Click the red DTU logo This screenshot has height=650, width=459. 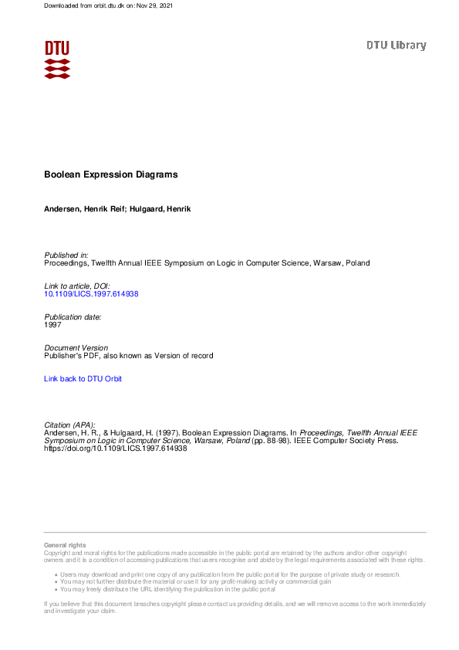coord(57,59)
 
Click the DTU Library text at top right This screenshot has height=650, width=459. coord(396,46)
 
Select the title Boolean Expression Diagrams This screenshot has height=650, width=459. coord(111,174)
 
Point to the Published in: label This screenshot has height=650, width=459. coord(66,255)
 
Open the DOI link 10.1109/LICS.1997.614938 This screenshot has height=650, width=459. coord(91,294)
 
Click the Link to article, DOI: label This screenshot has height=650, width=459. coord(77,286)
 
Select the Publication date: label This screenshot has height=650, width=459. coord(73,317)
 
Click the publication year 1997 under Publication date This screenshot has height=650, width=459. coord(52,325)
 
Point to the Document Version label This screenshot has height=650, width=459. coord(76,348)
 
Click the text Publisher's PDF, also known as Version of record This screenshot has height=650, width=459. coord(128,356)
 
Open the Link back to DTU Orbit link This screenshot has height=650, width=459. coord(83,379)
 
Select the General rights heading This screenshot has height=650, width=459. coord(66,546)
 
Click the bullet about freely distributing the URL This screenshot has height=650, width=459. coord(167,589)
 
